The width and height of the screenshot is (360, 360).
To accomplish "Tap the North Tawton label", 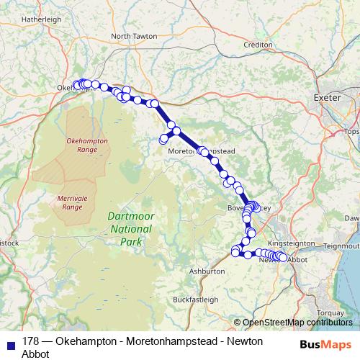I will point(135,36).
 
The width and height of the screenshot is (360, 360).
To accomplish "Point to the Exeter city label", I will point(326,96).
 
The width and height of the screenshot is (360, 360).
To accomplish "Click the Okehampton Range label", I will point(87,145).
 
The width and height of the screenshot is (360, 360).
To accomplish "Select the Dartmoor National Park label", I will point(130,228).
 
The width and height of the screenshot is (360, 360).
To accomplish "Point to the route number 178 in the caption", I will point(31,341).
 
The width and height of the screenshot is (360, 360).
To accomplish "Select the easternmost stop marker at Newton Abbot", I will point(282,257).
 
